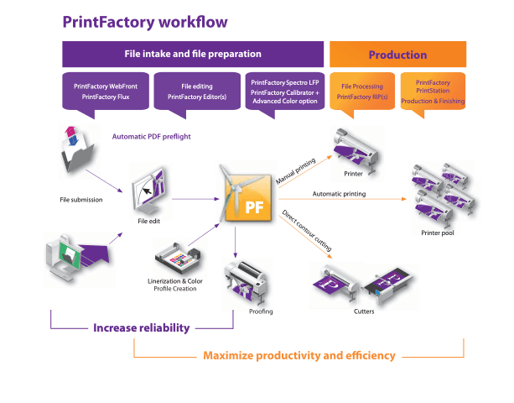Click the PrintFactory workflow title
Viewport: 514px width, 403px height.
click(145, 22)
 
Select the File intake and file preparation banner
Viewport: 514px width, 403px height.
click(193, 54)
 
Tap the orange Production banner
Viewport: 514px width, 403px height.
click(397, 54)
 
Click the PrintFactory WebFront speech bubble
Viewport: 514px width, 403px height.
click(106, 92)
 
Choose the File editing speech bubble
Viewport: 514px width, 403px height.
click(197, 92)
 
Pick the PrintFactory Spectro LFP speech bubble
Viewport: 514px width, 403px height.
click(285, 92)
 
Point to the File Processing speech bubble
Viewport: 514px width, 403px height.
click(362, 92)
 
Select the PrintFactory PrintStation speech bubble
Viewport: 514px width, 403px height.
click(433, 92)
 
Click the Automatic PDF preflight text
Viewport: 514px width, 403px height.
click(152, 137)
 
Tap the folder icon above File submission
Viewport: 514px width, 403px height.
click(78, 150)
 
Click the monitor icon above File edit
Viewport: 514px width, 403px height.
click(149, 191)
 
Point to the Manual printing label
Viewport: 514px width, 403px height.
click(296, 171)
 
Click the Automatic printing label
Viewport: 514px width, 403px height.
click(339, 194)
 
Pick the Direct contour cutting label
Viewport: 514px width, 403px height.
click(307, 230)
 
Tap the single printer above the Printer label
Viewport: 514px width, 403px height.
click(356, 150)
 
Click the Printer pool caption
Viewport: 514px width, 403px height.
click(438, 233)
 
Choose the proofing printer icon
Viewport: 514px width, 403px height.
click(246, 282)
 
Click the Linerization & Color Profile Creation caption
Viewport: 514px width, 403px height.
click(175, 285)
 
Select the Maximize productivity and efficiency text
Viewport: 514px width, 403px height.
click(299, 355)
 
